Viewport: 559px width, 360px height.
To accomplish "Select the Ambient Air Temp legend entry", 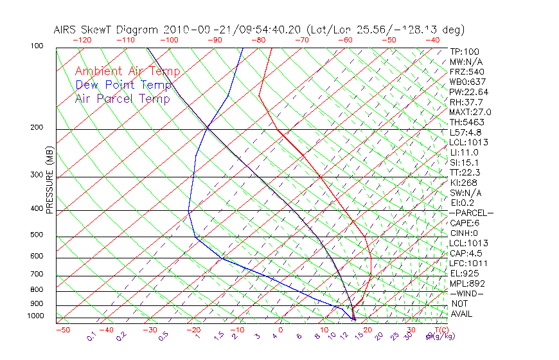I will pos(128,72).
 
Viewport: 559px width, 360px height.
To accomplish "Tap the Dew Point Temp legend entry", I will pos(123,85).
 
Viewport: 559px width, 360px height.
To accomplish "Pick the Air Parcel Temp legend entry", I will pos(123,99).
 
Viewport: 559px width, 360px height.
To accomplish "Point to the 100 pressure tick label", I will pos(37,46).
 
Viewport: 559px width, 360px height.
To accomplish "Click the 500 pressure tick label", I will pos(37,235).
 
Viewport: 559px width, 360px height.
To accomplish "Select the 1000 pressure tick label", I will pos(35,316).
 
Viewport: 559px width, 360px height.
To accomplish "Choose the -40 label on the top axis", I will pos(432,40).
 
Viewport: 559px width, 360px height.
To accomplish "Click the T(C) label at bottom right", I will pos(440,330).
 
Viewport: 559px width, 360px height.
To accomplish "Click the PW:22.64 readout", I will pos(469,92).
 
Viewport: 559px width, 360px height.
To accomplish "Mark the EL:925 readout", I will pos(464,273).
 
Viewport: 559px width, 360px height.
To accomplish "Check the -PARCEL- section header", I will pos(472,213).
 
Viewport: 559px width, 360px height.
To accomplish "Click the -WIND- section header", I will pos(468,293).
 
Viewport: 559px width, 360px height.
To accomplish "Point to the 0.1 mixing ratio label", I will pos(91,336).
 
